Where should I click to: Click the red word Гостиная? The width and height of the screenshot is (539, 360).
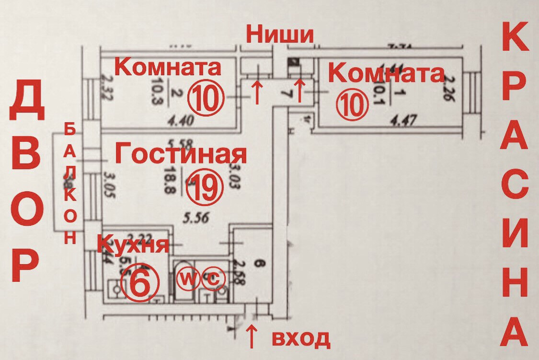point(181,155)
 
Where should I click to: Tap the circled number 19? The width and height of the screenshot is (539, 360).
point(205,187)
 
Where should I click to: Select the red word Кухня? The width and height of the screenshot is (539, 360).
point(133,244)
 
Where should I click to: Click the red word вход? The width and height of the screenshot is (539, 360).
point(301,338)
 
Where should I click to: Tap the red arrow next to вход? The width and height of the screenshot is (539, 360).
point(251,337)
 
